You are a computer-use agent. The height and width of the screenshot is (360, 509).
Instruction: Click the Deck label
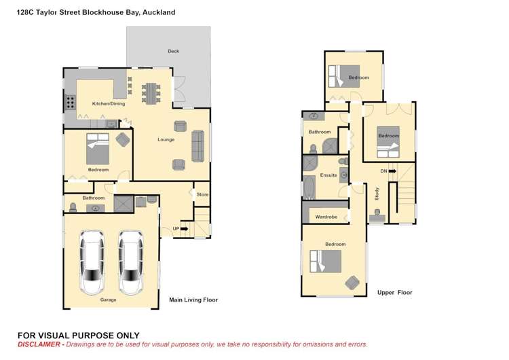point(173,52)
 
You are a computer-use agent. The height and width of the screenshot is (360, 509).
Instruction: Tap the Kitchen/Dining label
point(109,104)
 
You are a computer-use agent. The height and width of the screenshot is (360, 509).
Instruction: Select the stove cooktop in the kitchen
point(70,103)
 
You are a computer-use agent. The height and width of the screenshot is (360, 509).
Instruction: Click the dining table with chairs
point(151,92)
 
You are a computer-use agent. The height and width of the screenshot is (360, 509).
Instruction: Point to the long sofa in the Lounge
point(198,145)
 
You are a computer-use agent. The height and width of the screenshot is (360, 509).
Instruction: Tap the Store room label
point(202,195)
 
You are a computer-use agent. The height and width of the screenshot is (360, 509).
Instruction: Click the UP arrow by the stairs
point(178,229)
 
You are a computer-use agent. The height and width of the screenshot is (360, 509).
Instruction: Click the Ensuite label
point(328,175)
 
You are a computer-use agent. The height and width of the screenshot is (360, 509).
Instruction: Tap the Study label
point(377,193)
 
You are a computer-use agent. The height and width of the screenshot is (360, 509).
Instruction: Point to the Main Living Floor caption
point(193,300)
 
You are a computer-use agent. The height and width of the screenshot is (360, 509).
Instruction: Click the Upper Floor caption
point(394,293)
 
